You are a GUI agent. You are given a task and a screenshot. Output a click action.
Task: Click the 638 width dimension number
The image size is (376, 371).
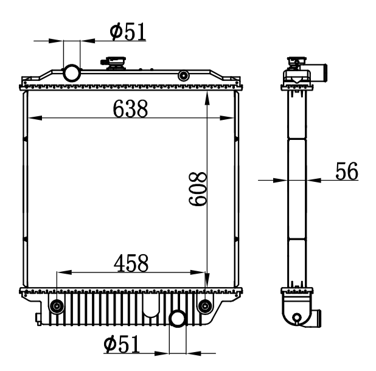coord(130,109)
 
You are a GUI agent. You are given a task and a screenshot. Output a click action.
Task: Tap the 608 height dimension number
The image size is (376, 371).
coord(198,189)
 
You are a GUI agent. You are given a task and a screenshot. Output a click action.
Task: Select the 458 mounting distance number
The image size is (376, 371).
coord(131,263)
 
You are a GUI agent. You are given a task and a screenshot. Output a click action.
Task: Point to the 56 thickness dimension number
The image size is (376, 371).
coord(347,171)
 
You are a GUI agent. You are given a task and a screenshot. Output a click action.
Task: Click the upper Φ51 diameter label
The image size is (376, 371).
coord(128,32)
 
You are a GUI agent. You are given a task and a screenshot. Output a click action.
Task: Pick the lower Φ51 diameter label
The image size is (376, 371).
coord(122,344)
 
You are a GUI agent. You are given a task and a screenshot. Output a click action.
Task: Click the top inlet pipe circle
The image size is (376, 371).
coord(71,74)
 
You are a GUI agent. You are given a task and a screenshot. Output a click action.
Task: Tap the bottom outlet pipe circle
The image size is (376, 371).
coord(178,319)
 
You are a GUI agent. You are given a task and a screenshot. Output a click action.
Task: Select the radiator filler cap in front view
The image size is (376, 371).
coord(113,63)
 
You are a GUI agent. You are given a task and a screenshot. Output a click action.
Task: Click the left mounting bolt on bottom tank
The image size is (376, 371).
coord(57,306)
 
